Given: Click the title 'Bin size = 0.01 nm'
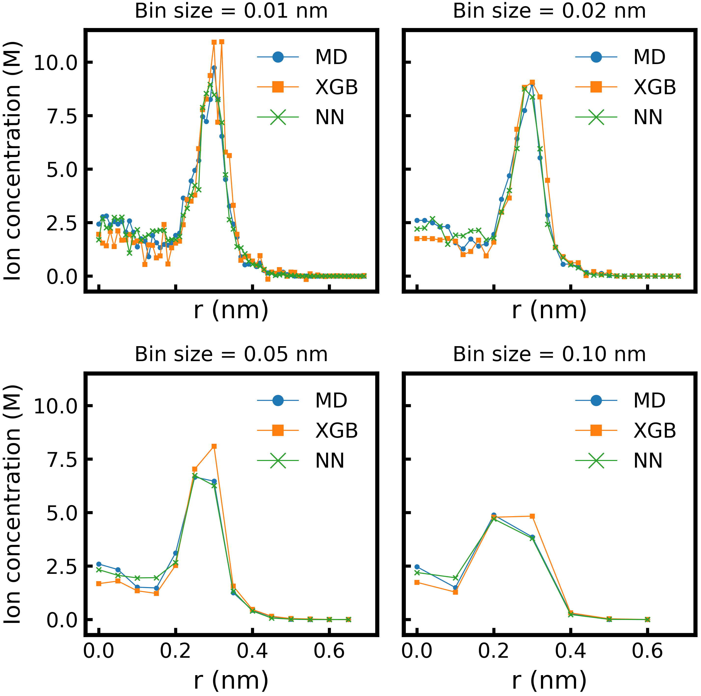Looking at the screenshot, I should [x=231, y=11].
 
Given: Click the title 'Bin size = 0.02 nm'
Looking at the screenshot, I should [x=549, y=11].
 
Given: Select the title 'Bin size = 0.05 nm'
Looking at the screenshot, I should [x=231, y=354].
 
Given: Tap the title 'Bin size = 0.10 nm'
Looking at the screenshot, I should [x=549, y=354].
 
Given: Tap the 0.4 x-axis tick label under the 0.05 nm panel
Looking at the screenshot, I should [x=252, y=651].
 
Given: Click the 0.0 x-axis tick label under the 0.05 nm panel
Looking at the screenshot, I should [x=99, y=651].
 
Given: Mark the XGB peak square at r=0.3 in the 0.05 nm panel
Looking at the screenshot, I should [x=214, y=446].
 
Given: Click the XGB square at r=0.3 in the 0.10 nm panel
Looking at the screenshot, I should [x=532, y=516].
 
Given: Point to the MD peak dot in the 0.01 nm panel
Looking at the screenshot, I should [x=214, y=68].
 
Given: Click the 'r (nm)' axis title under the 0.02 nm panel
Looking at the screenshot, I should [x=549, y=310].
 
